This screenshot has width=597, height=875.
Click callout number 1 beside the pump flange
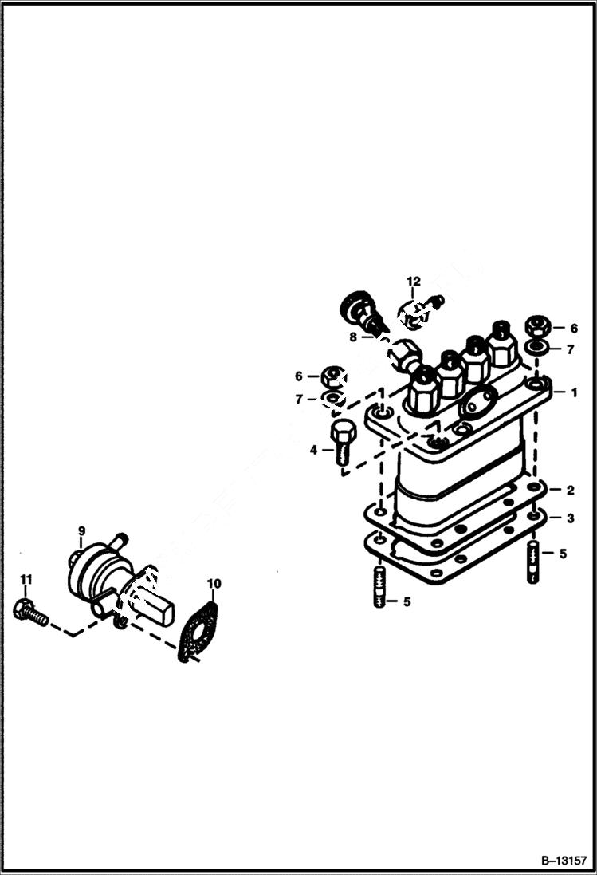coord(571,392)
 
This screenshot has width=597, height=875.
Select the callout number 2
coord(571,490)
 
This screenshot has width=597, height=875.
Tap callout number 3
coord(571,518)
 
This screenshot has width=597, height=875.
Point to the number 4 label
coord(314,451)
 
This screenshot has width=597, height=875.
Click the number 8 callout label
coord(353,337)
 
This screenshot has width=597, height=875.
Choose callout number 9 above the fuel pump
coord(81,530)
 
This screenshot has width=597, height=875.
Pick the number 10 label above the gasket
coord(212,584)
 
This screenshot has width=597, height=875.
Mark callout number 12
coord(413,281)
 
